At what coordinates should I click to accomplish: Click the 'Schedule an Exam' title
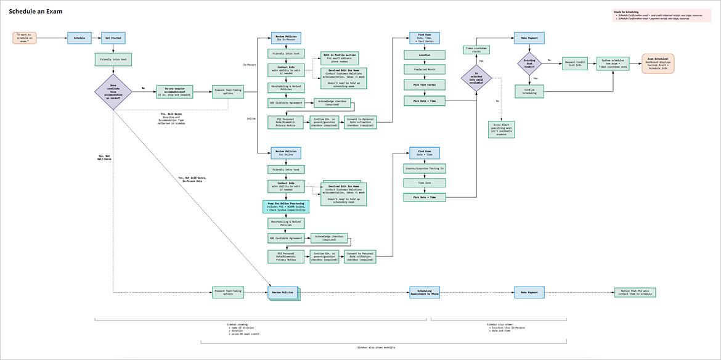pyautogui.click(x=35, y=12)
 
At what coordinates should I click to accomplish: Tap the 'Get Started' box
pyautogui.click(x=112, y=38)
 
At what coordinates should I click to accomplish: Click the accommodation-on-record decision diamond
pyautogui.click(x=113, y=91)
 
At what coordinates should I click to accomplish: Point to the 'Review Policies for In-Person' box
pyautogui.click(x=284, y=38)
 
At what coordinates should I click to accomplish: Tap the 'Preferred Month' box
pyautogui.click(x=425, y=70)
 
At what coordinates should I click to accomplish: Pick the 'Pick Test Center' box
pyautogui.click(x=425, y=84)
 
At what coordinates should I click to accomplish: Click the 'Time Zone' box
pyautogui.click(x=425, y=182)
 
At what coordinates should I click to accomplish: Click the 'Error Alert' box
pyautogui.click(x=501, y=129)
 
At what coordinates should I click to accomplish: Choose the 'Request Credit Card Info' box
pyautogui.click(x=576, y=63)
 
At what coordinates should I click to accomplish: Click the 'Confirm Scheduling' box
pyautogui.click(x=529, y=91)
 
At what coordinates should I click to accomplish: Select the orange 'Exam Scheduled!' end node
pyautogui.click(x=658, y=63)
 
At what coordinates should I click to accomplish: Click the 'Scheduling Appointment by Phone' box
pyautogui.click(x=425, y=292)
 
